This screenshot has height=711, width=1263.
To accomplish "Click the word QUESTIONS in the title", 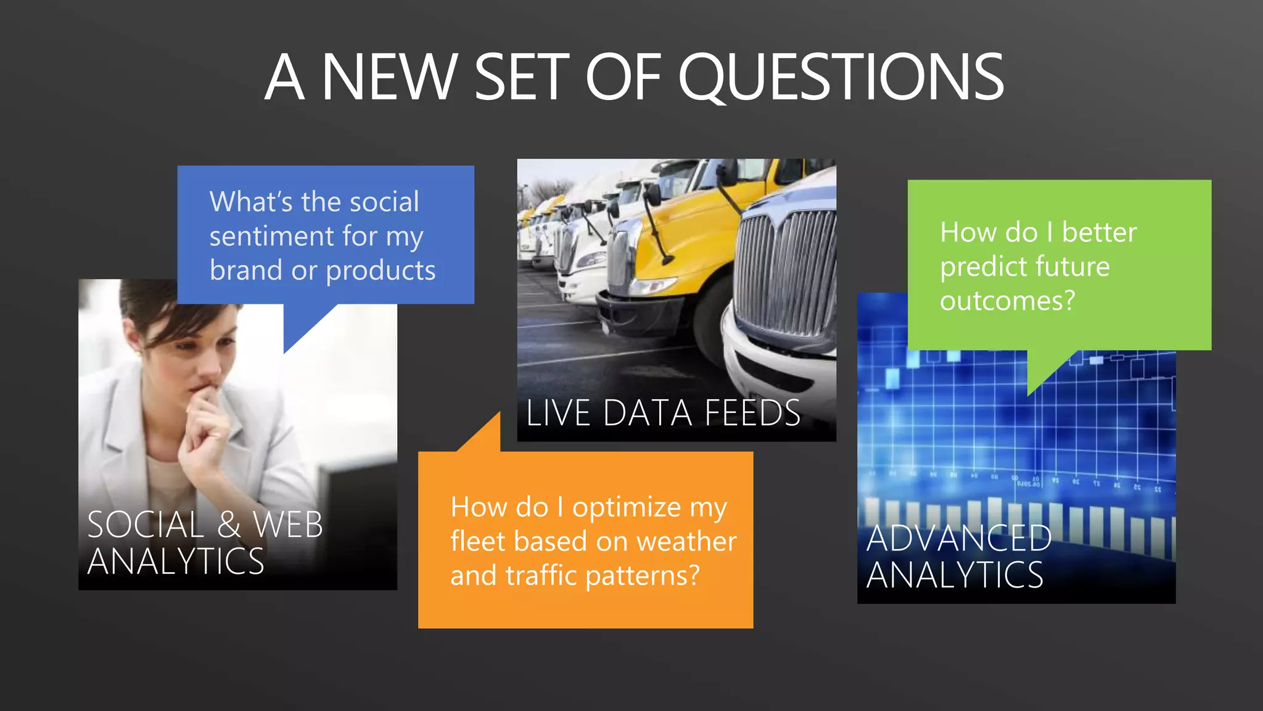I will tap(841, 78).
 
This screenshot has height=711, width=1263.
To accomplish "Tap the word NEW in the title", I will tap(389, 78).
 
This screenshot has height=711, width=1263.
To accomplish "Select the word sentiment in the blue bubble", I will tap(272, 236).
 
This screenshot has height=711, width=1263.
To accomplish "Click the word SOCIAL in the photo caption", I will tap(146, 525).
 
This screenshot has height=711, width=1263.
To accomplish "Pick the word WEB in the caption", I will tap(287, 525).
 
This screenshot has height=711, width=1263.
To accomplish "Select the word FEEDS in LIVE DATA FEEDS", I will tap(752, 413).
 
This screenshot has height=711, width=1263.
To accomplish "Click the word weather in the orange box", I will tap(686, 542).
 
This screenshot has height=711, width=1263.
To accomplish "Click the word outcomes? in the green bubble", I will tap(1007, 301).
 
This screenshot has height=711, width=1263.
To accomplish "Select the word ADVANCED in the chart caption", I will tap(958, 538).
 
